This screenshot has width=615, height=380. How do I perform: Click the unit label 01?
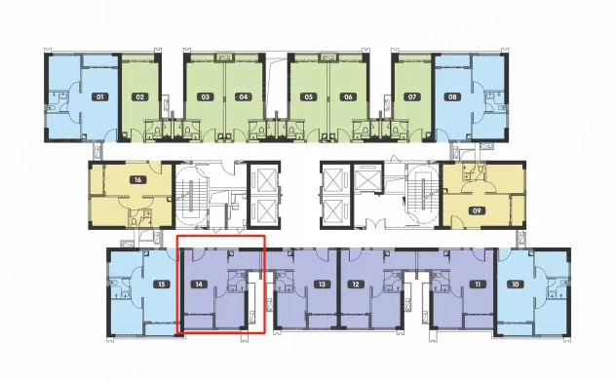[100, 96]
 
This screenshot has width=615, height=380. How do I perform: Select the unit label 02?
[140, 96]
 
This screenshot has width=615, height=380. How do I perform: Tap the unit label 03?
[205, 96]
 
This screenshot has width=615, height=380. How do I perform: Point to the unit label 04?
[244, 96]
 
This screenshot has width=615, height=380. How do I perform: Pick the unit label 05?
[308, 96]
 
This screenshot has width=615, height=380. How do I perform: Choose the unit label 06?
[348, 96]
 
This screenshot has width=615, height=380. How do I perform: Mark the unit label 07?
[412, 96]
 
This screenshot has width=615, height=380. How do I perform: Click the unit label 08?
[452, 96]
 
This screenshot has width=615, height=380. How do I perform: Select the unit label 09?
[477, 211]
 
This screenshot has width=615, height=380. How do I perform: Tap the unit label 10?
[516, 284]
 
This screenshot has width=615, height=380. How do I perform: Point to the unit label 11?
[478, 284]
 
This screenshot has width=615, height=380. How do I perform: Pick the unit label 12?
[356, 284]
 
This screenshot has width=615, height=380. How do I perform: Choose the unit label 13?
[322, 284]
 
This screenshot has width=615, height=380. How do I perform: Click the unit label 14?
[199, 284]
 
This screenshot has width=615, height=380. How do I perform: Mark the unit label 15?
[162, 284]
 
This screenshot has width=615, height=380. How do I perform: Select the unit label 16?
[137, 180]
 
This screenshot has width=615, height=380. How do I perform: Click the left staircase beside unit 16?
[191, 195]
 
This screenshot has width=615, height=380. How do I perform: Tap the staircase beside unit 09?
[423, 195]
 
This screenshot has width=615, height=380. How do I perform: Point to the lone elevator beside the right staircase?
[367, 178]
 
